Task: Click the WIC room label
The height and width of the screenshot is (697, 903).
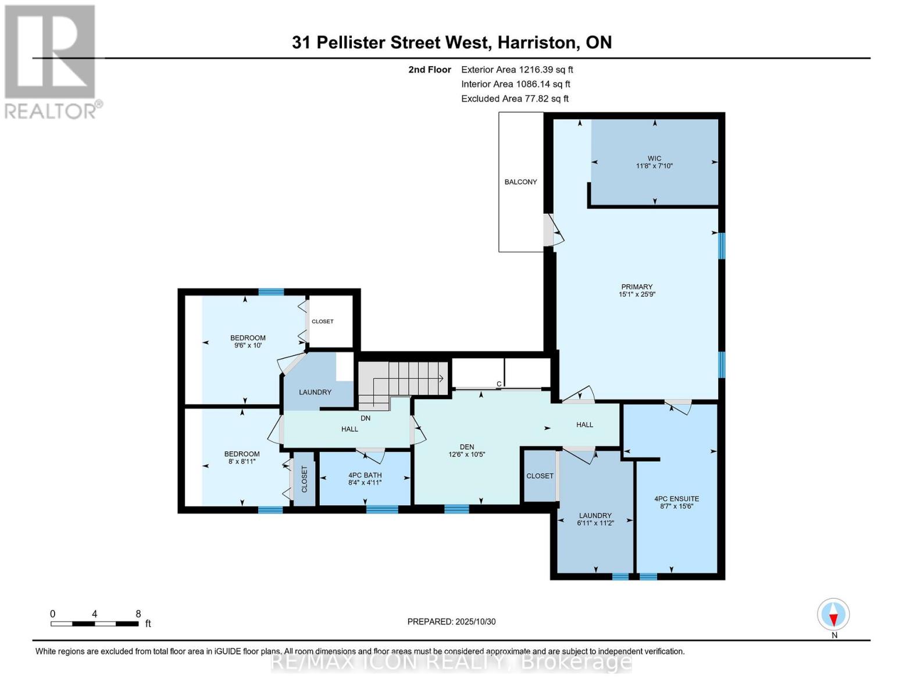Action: click(654, 158)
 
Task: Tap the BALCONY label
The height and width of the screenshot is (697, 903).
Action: click(520, 182)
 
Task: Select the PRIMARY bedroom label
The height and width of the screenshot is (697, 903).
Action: click(637, 286)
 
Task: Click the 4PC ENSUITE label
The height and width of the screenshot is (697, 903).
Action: click(676, 498)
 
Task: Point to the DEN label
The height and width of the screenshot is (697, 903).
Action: click(466, 447)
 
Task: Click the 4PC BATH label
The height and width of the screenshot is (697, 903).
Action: click(365, 475)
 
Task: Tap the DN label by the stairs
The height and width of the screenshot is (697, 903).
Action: click(365, 418)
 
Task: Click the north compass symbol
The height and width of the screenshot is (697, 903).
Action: click(833, 615)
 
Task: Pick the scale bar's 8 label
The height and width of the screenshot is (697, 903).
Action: click(138, 614)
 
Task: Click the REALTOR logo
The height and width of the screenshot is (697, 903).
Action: click(51, 61)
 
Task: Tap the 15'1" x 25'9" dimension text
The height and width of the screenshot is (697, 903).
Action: click(637, 294)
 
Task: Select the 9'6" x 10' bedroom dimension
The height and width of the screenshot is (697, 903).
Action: click(248, 346)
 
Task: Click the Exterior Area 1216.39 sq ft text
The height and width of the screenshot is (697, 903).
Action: click(517, 69)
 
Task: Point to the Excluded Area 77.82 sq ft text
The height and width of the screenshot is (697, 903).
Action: click(515, 99)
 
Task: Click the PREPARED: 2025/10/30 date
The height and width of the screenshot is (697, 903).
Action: click(451, 621)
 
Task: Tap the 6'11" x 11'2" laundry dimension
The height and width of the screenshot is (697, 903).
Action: click(595, 523)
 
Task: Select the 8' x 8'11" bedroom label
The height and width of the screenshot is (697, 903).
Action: click(242, 461)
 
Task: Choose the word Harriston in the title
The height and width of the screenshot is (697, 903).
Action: click(538, 42)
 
